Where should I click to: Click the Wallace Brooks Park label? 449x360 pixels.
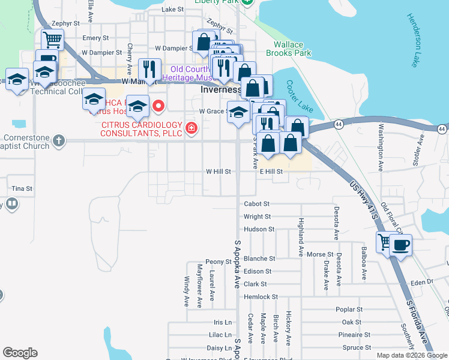click(x=292, y=49)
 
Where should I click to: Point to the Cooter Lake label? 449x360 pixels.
click(x=299, y=97)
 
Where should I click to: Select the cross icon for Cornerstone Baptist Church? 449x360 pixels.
click(x=58, y=141)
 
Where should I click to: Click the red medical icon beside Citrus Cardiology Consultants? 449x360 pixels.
click(x=191, y=128)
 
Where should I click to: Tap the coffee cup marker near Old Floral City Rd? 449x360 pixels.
click(x=400, y=245)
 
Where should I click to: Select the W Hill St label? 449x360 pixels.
click(x=218, y=172)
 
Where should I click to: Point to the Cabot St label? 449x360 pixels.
click(x=257, y=204)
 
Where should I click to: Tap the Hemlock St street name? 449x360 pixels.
click(x=261, y=297)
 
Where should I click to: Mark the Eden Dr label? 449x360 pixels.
click(x=422, y=281)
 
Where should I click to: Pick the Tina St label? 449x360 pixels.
click(x=22, y=188)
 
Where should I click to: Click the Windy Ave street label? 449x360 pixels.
click(x=187, y=292)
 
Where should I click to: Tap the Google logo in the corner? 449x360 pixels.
click(x=20, y=353)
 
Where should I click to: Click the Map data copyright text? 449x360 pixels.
click(x=412, y=355)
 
